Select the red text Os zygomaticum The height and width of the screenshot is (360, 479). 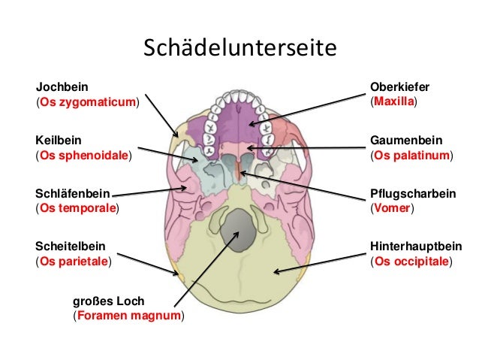pyautogui.click(x=88, y=101)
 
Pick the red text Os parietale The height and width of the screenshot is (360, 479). pyautogui.click(x=74, y=262)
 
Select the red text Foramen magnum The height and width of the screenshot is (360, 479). pyautogui.click(x=128, y=316)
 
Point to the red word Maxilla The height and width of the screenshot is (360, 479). pyautogui.click(x=394, y=101)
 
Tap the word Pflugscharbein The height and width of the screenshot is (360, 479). pyautogui.click(x=412, y=193)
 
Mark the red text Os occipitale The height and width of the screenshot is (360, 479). pyautogui.click(x=411, y=262)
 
